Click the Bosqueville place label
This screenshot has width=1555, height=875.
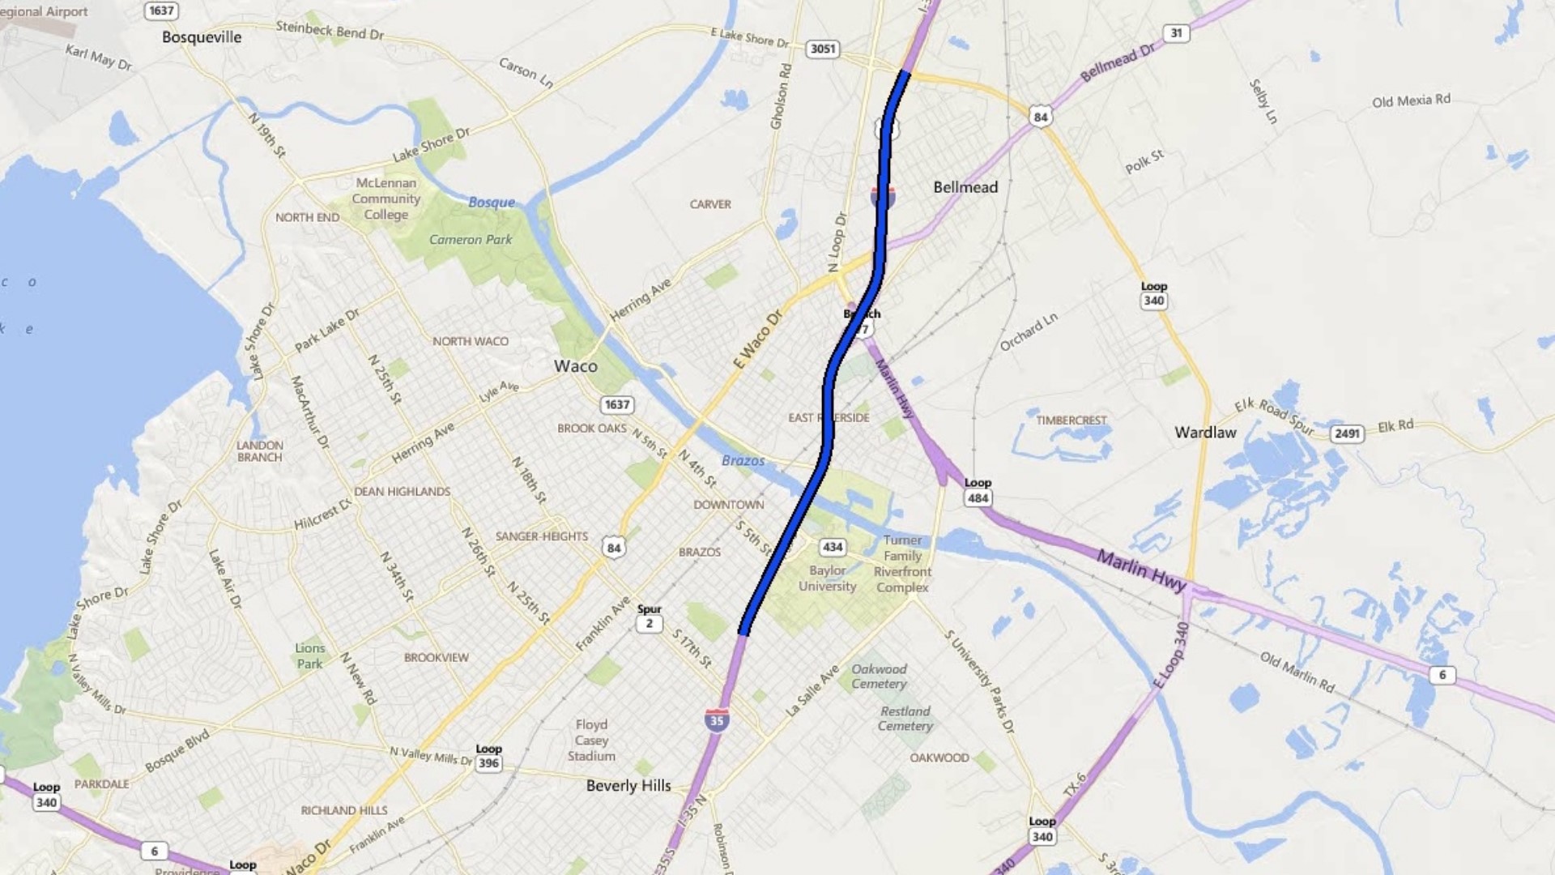tap(202, 37)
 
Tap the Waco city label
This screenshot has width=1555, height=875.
tap(576, 366)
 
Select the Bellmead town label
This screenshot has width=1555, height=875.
tap(965, 187)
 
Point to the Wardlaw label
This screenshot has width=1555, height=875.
tap(1205, 433)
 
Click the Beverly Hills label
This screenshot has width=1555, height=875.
tap(628, 786)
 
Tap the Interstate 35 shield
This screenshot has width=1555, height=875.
tap(716, 720)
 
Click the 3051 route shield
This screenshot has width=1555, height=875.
tap(823, 49)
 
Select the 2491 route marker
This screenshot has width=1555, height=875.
tap(1347, 433)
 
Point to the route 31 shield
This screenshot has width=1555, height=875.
tap(1176, 33)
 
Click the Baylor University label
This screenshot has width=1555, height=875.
tap(827, 578)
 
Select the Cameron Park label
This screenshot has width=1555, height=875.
tap(471, 240)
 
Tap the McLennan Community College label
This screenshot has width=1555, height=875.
tap(386, 198)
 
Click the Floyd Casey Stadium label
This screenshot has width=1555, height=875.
tap(591, 741)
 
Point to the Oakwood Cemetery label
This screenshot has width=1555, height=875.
tap(879, 677)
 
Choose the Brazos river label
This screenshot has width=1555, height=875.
tap(743, 461)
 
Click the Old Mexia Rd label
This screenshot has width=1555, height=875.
tap(1411, 100)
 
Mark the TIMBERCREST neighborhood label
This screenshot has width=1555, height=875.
tap(1071, 420)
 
